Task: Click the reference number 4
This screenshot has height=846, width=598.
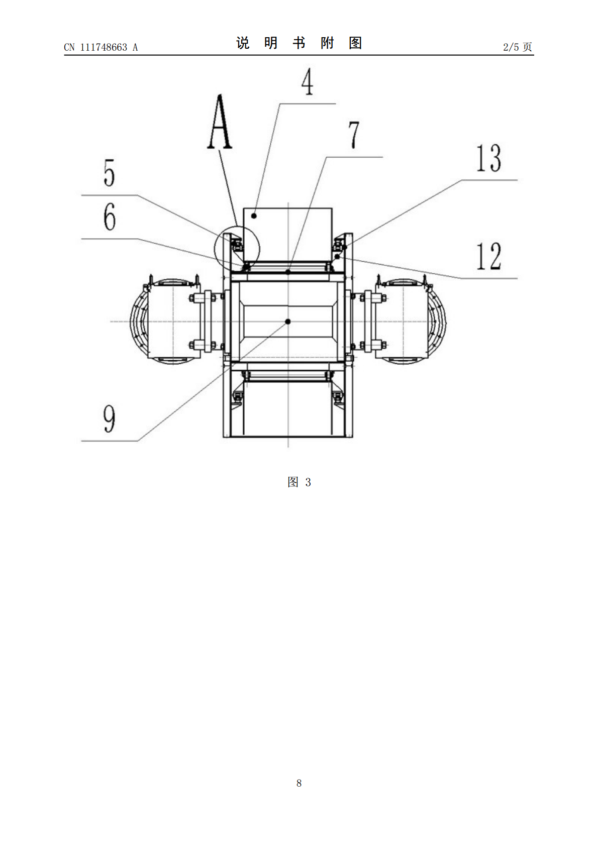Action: [307, 81]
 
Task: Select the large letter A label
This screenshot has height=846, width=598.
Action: [220, 122]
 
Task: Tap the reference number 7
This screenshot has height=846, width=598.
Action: [354, 135]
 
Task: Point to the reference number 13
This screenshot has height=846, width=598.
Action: [488, 158]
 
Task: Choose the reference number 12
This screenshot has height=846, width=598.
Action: [488, 256]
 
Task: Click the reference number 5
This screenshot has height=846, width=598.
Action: [109, 173]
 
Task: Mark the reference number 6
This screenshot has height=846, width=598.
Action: [110, 217]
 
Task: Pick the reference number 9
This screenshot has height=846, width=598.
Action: [109, 419]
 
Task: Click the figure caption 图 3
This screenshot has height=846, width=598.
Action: [299, 482]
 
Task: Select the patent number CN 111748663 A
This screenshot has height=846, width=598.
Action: [101, 47]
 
